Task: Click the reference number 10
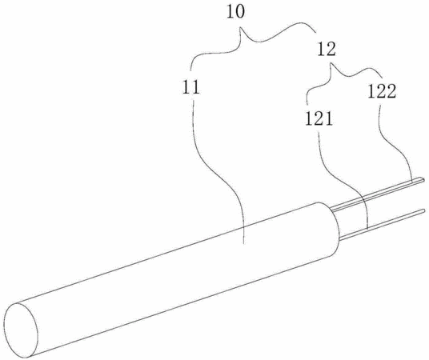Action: pos(235,13)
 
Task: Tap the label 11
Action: pos(191,88)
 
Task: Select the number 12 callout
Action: pos(327,50)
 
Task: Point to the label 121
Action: pos(319,119)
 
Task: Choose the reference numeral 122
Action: pos(382,92)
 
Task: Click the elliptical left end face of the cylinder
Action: pos(21,330)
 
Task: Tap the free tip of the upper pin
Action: pos(423,180)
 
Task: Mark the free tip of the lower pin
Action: pos(424,210)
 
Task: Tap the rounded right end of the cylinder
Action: pos(333,229)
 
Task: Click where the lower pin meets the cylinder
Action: pos(339,240)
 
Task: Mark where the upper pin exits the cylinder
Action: pos(331,210)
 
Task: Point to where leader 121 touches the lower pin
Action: pos(367,230)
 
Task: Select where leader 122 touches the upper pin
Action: pos(412,181)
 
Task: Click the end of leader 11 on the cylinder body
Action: pos(243,243)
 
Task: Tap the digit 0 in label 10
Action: pos(239,13)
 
